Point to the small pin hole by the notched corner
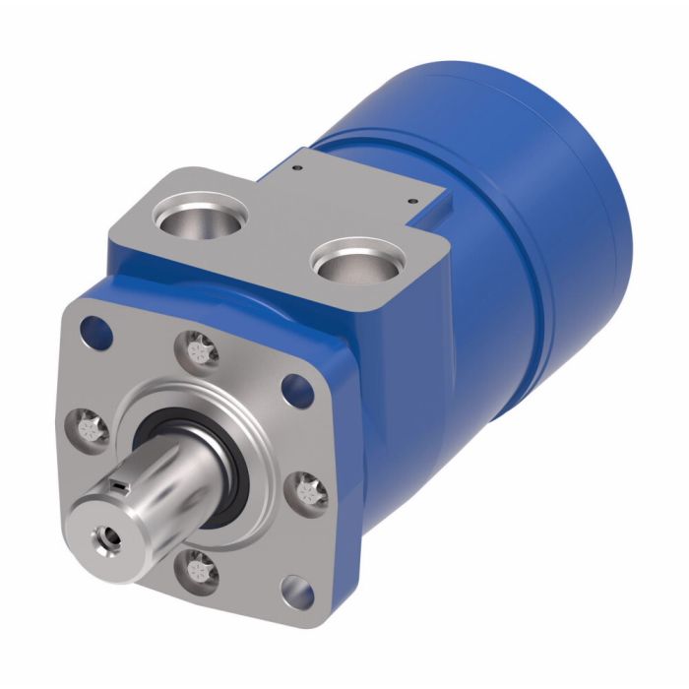(x=410, y=201)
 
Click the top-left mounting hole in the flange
(x=94, y=324)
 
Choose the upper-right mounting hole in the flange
(x=293, y=387)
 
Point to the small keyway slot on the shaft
(x=119, y=483)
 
